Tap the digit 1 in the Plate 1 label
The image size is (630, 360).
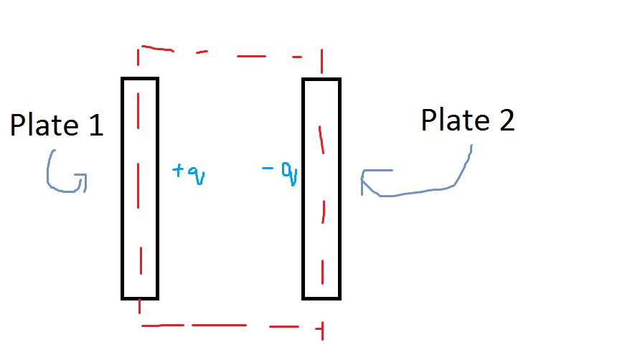pos(95,126)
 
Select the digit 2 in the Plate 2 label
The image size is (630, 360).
pos(506,120)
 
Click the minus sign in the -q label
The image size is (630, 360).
pos(268,169)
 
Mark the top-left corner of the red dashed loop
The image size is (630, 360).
pos(139,49)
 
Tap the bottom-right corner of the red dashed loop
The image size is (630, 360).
pos(321,328)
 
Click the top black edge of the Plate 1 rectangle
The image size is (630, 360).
pos(139,78)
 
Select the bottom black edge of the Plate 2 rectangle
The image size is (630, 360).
pos(321,298)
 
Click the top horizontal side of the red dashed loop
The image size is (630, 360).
pos(230,52)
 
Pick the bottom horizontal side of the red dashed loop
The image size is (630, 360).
pos(230,326)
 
